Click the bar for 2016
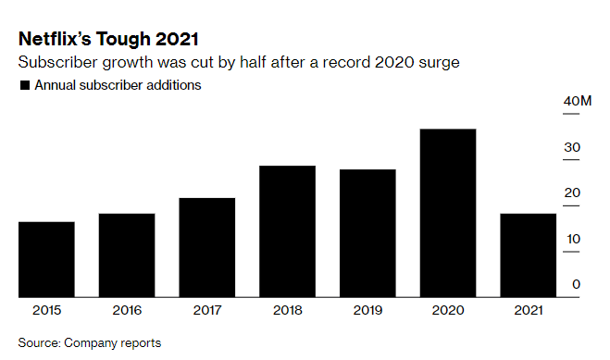(x=127, y=255)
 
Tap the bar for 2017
(x=206, y=247)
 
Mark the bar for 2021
(x=528, y=255)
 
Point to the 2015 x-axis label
(x=46, y=312)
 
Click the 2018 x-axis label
(x=287, y=312)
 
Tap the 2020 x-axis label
(x=448, y=312)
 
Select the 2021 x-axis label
(x=528, y=312)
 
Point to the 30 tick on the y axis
(x=573, y=147)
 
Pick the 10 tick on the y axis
(x=573, y=239)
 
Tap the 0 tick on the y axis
(x=576, y=284)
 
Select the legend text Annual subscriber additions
(x=118, y=85)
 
